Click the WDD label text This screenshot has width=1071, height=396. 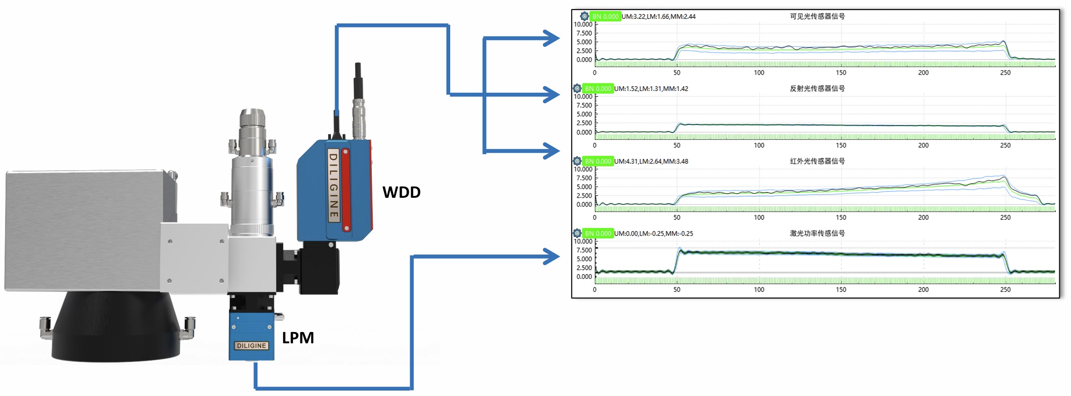[x=401, y=192]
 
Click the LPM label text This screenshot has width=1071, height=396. [x=298, y=338]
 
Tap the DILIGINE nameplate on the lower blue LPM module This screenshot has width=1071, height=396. [x=252, y=346]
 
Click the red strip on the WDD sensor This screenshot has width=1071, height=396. [x=346, y=190]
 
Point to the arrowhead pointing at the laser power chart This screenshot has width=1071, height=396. [x=551, y=257]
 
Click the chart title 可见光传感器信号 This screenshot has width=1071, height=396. [x=817, y=16]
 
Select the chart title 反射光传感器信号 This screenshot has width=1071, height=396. [x=817, y=88]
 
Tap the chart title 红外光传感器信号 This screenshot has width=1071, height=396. [x=817, y=161]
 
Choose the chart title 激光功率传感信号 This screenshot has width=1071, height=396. [x=817, y=233]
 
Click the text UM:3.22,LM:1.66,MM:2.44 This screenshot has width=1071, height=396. [x=658, y=17]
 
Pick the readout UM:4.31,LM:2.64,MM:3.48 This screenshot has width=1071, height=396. [x=651, y=161]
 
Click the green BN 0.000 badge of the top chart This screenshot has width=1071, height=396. [x=605, y=17]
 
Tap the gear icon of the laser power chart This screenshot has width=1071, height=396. [x=577, y=233]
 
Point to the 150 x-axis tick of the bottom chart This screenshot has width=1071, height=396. [x=841, y=290]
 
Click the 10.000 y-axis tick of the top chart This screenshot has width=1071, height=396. [x=583, y=24]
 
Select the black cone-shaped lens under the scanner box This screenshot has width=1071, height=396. [x=116, y=327]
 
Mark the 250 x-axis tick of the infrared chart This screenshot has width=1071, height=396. [x=1005, y=217]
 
